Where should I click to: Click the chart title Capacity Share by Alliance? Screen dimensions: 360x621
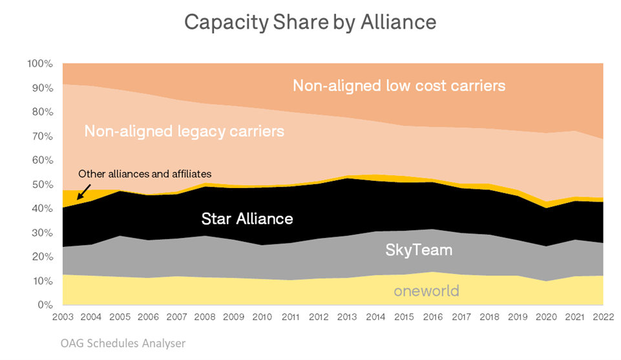point(310,22)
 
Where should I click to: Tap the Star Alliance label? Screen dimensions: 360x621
point(247,218)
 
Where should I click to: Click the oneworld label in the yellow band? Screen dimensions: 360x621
point(426,291)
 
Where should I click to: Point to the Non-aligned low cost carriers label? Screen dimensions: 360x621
point(399,85)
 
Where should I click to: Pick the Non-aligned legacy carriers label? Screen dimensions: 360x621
point(184,132)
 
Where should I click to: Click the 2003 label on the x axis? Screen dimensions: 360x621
point(63,317)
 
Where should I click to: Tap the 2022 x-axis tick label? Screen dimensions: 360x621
point(603,317)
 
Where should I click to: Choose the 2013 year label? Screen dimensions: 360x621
point(348,317)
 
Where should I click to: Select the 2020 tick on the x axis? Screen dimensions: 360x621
point(546,317)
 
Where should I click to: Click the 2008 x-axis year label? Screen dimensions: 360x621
point(205,317)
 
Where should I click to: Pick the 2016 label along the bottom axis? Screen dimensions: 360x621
point(432,317)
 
